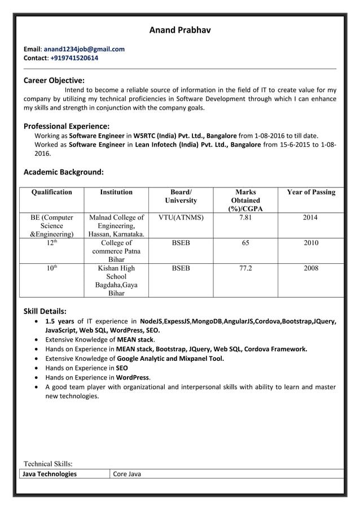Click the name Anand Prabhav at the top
click(179, 30)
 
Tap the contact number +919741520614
click(74, 58)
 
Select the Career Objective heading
click(54, 80)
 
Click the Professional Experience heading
click(67, 126)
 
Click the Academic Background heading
click(63, 172)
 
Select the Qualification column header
click(52, 192)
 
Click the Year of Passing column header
click(311, 192)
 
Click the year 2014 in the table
click(311, 217)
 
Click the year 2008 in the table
click(311, 268)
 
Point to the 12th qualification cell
click(52, 243)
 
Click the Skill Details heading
click(45, 311)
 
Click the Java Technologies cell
click(49, 474)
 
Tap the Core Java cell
click(127, 474)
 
